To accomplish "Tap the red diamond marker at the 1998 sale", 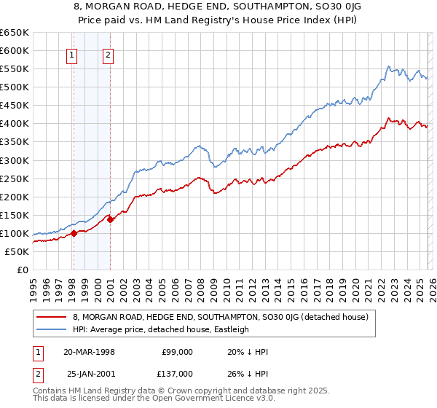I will pos(74,234).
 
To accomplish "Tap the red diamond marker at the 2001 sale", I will pos(110,219).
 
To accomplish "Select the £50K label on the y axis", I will pos(17,251).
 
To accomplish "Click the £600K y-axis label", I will pos(15,50).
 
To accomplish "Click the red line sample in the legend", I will pos(52,317).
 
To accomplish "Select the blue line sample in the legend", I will pos(52,329).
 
